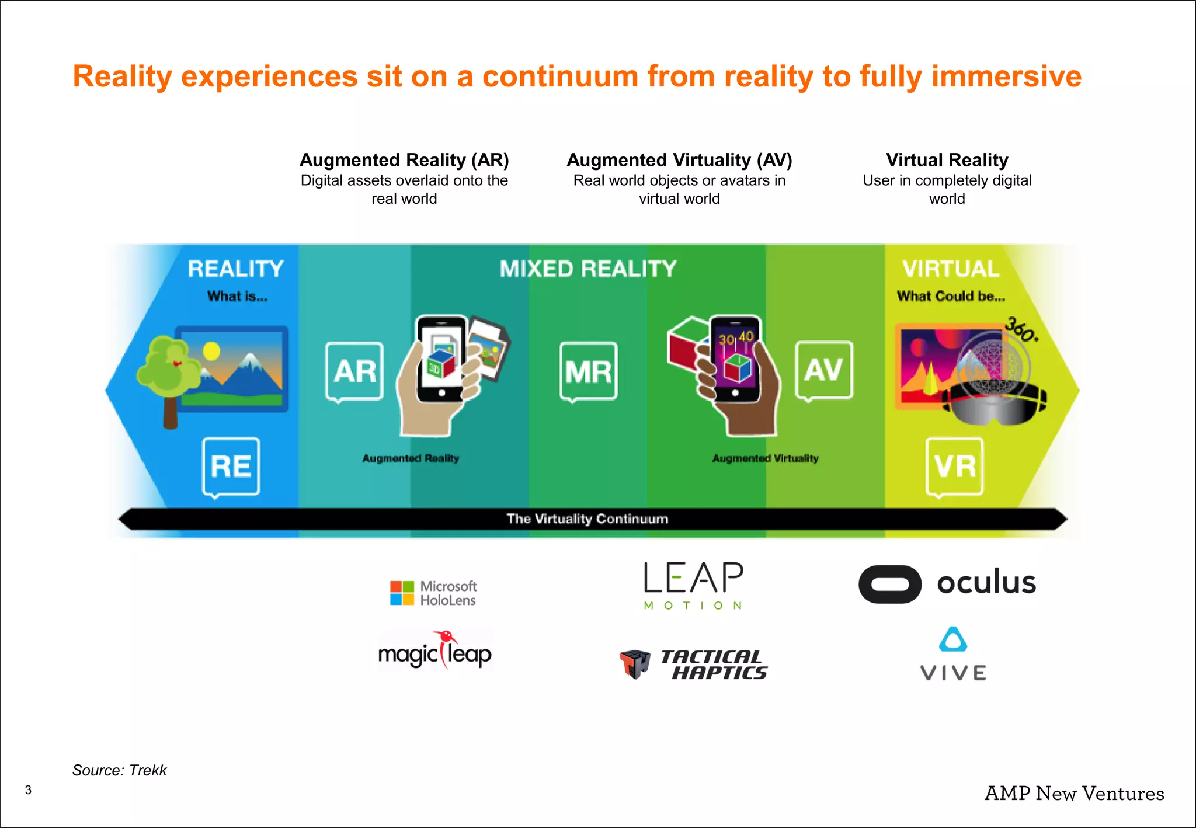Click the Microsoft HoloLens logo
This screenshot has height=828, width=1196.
tap(433, 593)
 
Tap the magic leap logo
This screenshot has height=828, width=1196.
tap(434, 652)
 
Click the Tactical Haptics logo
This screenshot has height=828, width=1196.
tap(693, 665)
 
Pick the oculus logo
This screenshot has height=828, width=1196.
tap(947, 583)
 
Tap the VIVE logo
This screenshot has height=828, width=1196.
tap(953, 655)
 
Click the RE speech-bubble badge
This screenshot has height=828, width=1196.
tap(231, 467)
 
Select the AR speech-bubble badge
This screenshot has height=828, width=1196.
tap(354, 371)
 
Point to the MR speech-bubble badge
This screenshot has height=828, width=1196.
tap(588, 371)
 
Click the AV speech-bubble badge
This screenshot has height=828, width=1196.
tap(823, 370)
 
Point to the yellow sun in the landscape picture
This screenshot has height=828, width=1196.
tap(211, 351)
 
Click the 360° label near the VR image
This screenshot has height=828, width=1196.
tap(1021, 329)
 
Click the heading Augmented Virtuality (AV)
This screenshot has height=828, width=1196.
tap(679, 160)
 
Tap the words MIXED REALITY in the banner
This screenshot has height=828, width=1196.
tap(587, 269)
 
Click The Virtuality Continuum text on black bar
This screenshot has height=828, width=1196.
tap(587, 519)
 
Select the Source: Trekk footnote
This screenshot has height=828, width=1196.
tap(119, 770)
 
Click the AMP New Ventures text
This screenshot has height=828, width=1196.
tap(1074, 794)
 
